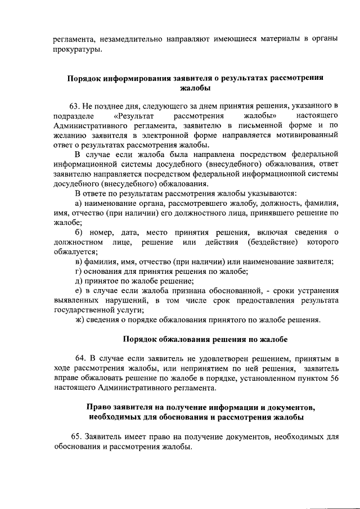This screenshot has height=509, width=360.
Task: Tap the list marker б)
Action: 79,232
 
